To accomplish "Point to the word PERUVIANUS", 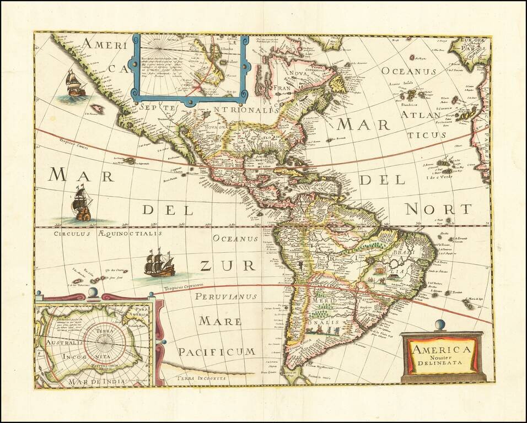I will pos(227,297).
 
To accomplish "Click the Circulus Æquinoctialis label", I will pos(108,234).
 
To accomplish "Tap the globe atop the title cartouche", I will pos(439,325).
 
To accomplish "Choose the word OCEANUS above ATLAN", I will pos(408,72).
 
